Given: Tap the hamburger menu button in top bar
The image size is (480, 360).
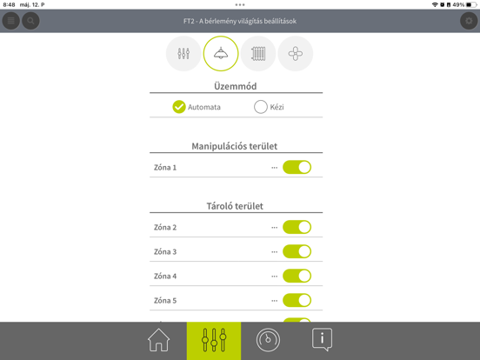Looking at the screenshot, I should coord(11,21).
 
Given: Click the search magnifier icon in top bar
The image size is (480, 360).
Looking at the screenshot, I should coord(30,21).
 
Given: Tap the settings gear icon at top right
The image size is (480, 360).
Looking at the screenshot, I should coord(469,21).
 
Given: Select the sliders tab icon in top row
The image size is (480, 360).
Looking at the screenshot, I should coord(183,54).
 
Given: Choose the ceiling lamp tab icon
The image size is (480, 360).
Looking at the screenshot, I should coord(221,54).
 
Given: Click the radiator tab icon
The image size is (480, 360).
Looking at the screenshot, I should coord(258,54).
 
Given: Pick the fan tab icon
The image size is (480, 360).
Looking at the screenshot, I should coord(296,54).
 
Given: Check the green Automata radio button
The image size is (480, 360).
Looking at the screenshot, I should coord(179,107).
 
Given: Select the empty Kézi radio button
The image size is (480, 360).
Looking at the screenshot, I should coord(261,107).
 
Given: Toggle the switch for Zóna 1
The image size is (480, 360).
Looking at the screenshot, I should coord(297,167).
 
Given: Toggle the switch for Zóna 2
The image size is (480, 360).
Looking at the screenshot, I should coord(297,227).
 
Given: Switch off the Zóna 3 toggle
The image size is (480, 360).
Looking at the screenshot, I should coord(297,251).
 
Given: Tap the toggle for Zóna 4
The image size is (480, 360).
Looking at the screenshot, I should coord(297,276).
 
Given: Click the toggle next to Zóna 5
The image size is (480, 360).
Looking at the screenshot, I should coord(297,300).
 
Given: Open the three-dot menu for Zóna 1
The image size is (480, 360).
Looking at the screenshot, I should coord(275,168).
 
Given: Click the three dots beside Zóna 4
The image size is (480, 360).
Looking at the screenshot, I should coord(275,277).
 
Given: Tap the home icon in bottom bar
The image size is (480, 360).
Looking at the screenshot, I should coord(159,340).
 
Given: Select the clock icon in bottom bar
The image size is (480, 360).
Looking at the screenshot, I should coord(268,340).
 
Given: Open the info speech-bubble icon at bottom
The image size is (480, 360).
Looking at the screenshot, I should coord(322,340).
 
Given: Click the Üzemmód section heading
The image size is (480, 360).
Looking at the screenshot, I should coord(236,86).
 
